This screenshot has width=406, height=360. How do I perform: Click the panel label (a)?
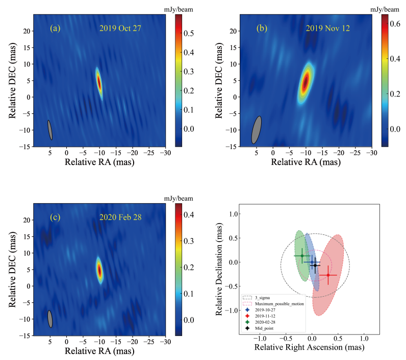tap(55, 29)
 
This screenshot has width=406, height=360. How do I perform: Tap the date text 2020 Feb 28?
tap(120, 218)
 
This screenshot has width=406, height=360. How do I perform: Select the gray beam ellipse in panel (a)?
tap(50, 130)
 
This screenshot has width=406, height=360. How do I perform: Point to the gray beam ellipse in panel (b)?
tap(257, 130)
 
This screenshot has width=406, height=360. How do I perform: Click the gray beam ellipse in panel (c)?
tap(50, 319)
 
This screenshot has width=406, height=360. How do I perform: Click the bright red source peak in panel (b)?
tap(306, 82)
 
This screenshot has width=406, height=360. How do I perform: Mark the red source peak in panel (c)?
tap(99, 270)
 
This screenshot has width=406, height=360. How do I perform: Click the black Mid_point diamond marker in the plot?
tap(315, 266)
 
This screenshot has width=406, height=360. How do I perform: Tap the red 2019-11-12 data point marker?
tap(328, 275)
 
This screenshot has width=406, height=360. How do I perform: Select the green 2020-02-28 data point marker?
tap(302, 256)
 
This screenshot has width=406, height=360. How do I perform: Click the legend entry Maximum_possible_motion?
tap(278, 304)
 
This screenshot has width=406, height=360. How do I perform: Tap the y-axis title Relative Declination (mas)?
tap(221, 268)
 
